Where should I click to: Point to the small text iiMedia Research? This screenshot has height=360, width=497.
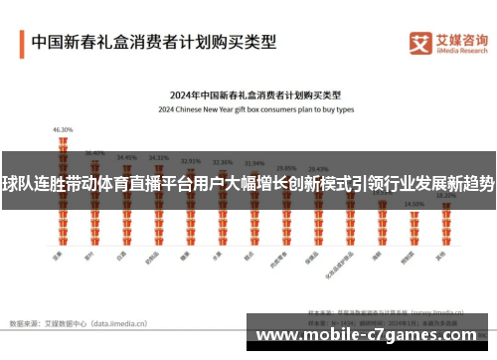tap(463, 51)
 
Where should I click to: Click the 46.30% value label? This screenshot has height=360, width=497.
tap(64, 129)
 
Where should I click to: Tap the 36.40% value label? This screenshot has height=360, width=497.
tap(95, 153)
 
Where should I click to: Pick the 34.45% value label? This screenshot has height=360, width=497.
tap(126, 157)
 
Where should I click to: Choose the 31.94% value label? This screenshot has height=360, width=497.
tap(253, 163)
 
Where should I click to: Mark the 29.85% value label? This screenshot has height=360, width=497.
tap(286, 167)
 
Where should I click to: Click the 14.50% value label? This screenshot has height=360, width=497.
tap(414, 204)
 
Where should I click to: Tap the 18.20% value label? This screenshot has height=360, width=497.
tap(445, 195)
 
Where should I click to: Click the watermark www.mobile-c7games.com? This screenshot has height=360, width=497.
tap(367, 334)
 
